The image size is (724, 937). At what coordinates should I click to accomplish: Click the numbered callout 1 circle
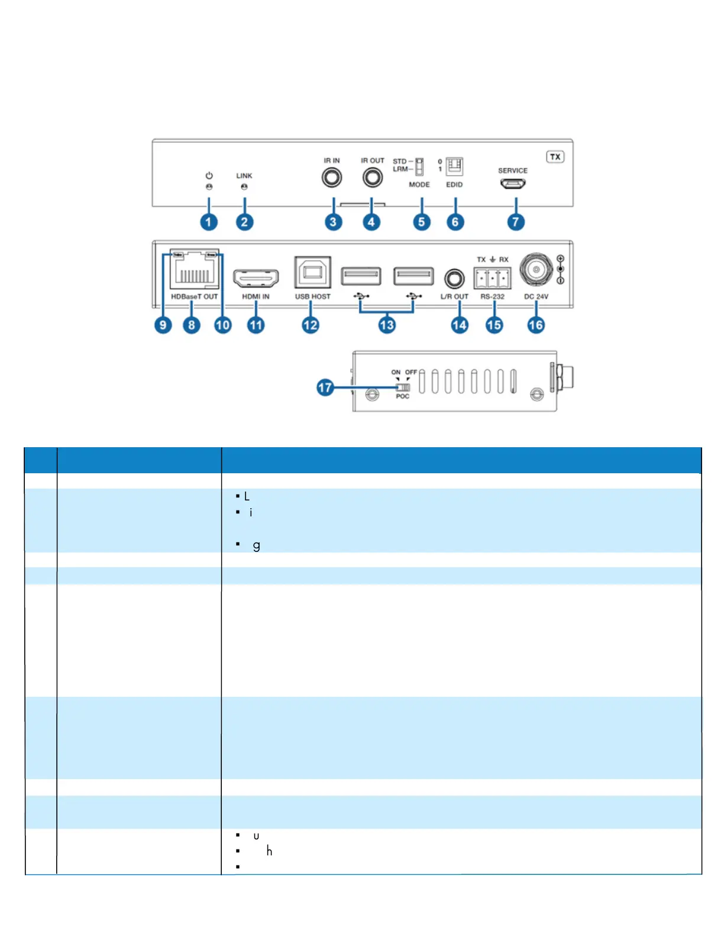[x=208, y=222]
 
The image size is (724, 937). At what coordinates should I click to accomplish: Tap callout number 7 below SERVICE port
[x=516, y=222]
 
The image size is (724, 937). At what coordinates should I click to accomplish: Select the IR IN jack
[x=332, y=177]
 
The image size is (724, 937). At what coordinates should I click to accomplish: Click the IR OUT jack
[x=372, y=177]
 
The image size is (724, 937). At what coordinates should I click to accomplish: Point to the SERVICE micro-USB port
[x=513, y=184]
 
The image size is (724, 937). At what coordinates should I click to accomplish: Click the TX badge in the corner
[x=555, y=157]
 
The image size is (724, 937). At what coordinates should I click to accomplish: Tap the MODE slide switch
[x=419, y=166]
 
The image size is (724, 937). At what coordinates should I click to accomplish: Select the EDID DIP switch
[x=454, y=166]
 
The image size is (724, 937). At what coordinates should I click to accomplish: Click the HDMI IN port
[x=256, y=277]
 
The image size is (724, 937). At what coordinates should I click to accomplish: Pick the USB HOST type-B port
[x=312, y=273]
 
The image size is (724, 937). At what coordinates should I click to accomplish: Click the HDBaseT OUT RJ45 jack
[x=194, y=271]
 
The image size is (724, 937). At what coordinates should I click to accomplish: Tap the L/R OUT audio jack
[x=454, y=279]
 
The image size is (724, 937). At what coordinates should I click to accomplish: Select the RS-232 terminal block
[x=492, y=277]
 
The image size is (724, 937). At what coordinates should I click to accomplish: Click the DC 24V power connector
[x=536, y=270]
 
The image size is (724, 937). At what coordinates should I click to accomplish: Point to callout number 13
[x=387, y=325]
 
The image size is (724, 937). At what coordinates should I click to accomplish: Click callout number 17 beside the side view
[x=325, y=387]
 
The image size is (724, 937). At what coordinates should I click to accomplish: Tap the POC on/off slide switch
[x=403, y=387]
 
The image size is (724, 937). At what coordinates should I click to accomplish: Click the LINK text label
[x=244, y=176]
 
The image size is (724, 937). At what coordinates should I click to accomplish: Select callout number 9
[x=163, y=325]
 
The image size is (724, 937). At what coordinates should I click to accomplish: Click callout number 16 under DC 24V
[x=536, y=325]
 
